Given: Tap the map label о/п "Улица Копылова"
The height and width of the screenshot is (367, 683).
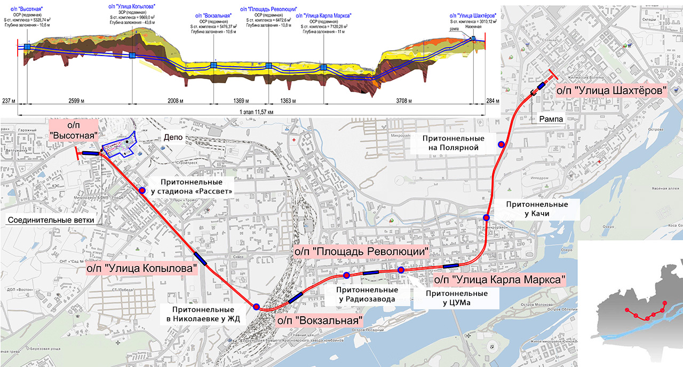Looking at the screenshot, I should (x=141, y=268).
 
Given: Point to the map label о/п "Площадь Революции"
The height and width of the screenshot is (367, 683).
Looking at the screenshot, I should (x=362, y=251).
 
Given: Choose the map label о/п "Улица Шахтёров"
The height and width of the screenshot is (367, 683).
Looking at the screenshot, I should (x=611, y=91).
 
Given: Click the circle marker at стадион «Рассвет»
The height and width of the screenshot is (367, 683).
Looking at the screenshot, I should (x=142, y=190).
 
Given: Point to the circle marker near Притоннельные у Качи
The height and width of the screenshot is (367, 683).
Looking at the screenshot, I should (x=487, y=217).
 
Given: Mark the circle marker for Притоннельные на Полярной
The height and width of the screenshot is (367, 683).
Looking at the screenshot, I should (x=501, y=144).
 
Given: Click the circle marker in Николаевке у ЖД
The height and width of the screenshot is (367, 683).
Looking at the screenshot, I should (x=256, y=307).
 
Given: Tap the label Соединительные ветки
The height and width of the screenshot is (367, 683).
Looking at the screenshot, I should (x=51, y=220).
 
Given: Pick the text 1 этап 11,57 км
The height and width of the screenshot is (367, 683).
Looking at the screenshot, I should (x=253, y=112).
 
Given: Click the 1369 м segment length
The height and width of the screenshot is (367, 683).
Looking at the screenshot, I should (x=241, y=100).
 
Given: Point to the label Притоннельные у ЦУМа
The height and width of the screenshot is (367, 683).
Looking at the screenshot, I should (x=456, y=298).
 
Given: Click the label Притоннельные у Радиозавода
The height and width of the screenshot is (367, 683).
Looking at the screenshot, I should (x=367, y=294).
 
